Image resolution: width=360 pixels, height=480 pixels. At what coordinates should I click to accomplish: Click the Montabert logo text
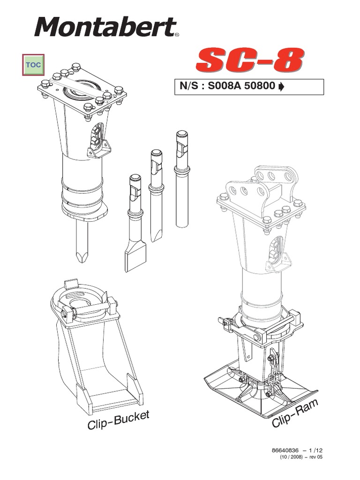pyautogui.click(x=105, y=27)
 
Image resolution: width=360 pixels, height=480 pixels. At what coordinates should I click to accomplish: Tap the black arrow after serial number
pyautogui.click(x=281, y=87)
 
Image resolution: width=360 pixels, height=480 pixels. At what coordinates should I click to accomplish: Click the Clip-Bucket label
pyautogui.click(x=118, y=420)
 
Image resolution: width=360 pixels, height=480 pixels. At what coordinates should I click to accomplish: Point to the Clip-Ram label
pyautogui.click(x=295, y=412)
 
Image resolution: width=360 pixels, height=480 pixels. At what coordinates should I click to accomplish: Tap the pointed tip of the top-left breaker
pyautogui.click(x=82, y=255)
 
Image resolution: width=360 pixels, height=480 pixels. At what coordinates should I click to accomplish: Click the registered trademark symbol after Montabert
pyautogui.click(x=176, y=35)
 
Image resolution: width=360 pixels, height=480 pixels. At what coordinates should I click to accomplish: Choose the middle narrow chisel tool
pyautogui.click(x=156, y=197)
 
